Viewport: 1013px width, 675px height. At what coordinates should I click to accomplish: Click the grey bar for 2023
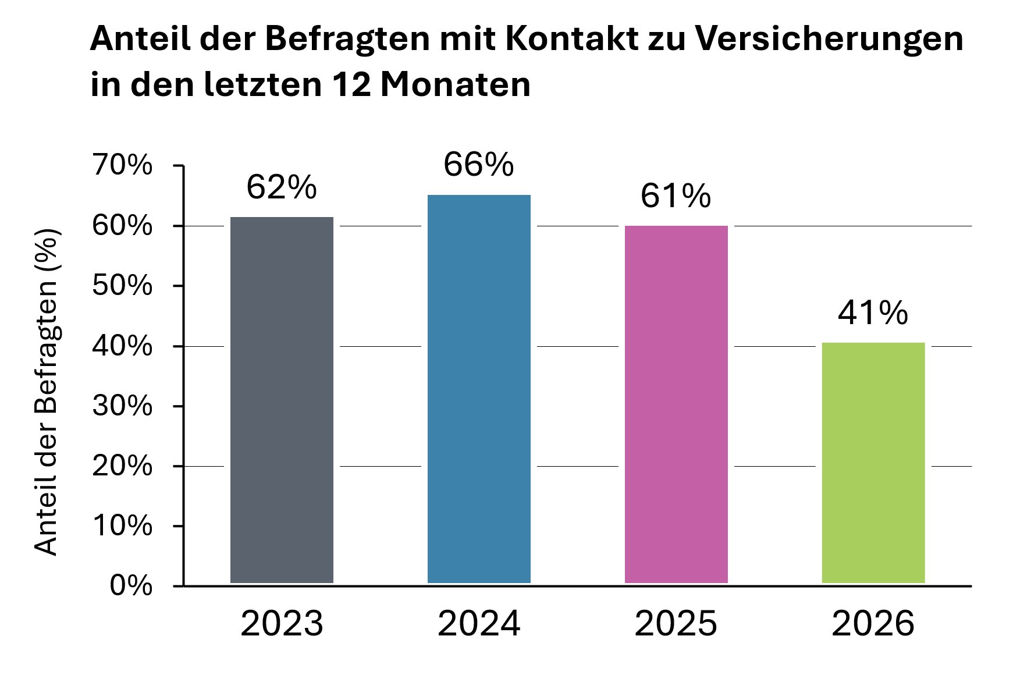point(282,400)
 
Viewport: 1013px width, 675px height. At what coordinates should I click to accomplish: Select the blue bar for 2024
point(479,389)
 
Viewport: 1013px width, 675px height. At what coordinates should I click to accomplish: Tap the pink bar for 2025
point(676,404)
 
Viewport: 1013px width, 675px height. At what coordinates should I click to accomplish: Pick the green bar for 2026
point(873,463)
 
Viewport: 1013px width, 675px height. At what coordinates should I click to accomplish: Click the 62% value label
point(282,187)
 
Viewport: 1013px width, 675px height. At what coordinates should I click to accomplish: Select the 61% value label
point(676,196)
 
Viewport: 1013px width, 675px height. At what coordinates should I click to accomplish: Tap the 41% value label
point(873,313)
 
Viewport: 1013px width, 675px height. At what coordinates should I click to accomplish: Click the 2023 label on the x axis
point(282,624)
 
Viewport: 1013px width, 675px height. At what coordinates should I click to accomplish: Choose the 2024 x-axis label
point(479,624)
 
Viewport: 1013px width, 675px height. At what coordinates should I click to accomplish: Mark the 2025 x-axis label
point(676,624)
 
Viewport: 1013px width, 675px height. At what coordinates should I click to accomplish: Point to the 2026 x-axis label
point(873,624)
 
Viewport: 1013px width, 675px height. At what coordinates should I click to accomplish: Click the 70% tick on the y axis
point(122,166)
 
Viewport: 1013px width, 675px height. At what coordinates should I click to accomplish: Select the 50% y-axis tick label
point(122,286)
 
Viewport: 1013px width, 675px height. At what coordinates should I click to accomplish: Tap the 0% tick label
point(131,585)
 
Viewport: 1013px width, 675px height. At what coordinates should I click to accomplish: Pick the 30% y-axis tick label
point(122,406)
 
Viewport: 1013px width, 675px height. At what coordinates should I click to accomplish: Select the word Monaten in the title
point(456,85)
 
